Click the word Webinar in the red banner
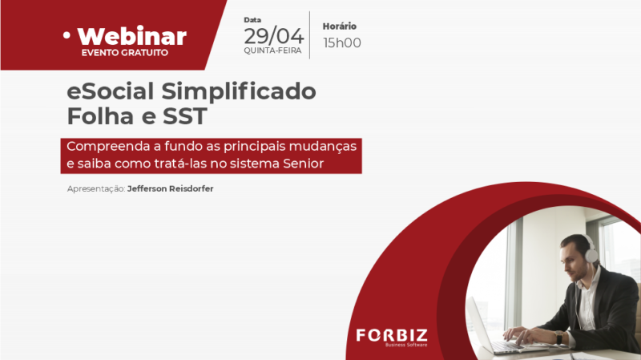pyautogui.click(x=132, y=37)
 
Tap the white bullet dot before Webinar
pyautogui.click(x=67, y=35)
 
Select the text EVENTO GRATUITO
pyautogui.click(x=125, y=53)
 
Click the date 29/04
pyautogui.click(x=274, y=36)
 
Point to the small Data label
pyautogui.click(x=252, y=19)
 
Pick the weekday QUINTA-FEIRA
pyautogui.click(x=272, y=51)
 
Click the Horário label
pyautogui.click(x=339, y=26)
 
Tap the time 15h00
pyautogui.click(x=342, y=42)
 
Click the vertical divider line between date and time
pyautogui.click(x=309, y=35)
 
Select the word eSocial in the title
pyautogui.click(x=111, y=91)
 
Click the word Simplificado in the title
pyautogui.click(x=239, y=91)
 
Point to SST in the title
pyautogui.click(x=185, y=116)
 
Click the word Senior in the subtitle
pyautogui.click(x=304, y=164)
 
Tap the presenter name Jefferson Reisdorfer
pyautogui.click(x=171, y=188)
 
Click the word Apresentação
pyautogui.click(x=96, y=189)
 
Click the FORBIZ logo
pyautogui.click(x=392, y=337)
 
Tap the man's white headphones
pyautogui.click(x=590, y=249)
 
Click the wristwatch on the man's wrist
pyautogui.click(x=558, y=338)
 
